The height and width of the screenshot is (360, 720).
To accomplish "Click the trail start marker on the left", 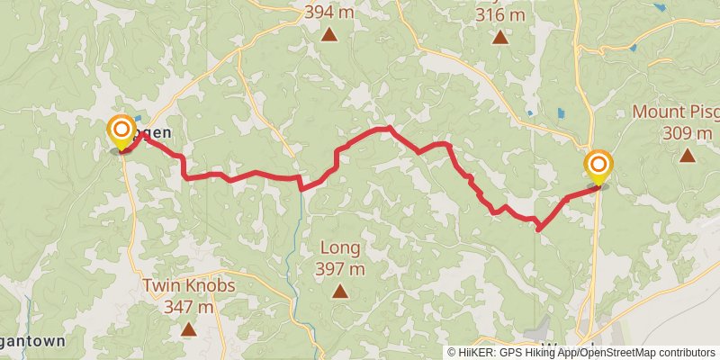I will pyautogui.click(x=121, y=132).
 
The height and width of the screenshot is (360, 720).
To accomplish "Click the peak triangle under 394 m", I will pyautogui.click(x=329, y=35).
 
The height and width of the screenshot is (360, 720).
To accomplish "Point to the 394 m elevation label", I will pyautogui.click(x=329, y=13).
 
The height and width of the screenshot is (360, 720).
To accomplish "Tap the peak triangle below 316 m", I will pyautogui.click(x=499, y=37).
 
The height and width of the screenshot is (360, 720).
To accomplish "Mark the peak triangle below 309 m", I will pyautogui.click(x=688, y=156).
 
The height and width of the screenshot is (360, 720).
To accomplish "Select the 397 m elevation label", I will pyautogui.click(x=339, y=268).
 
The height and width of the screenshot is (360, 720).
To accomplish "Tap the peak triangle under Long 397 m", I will pyautogui.click(x=339, y=291).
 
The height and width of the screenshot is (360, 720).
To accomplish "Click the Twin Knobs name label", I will pyautogui.click(x=188, y=286).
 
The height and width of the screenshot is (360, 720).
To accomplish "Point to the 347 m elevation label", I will pyautogui.click(x=188, y=307).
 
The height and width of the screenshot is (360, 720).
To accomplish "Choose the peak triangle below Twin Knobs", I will pyautogui.click(x=188, y=329).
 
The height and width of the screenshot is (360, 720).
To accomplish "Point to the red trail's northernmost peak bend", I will pyautogui.click(x=387, y=129).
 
